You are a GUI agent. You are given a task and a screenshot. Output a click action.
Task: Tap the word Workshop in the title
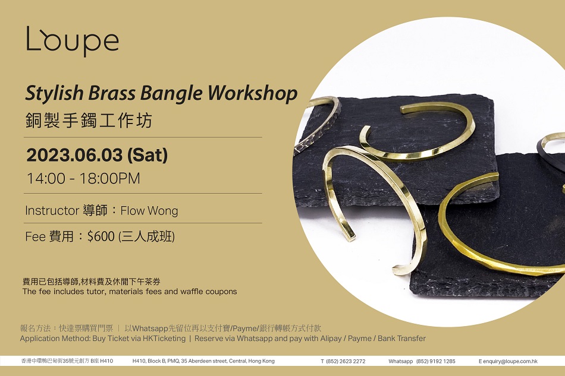pyautogui.click(x=253, y=93)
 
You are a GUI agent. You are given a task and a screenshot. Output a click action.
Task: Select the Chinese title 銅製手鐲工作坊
pyautogui.click(x=89, y=120)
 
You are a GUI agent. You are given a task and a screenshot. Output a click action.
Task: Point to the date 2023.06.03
pyautogui.click(x=74, y=155)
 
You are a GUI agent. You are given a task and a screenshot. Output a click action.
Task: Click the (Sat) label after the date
pyautogui.click(x=147, y=156)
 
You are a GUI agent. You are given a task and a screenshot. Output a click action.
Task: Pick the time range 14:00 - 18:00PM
pyautogui.click(x=83, y=178)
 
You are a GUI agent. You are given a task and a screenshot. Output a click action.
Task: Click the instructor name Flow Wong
pyautogui.click(x=149, y=210)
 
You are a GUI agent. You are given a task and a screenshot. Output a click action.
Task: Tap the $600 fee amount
pyautogui.click(x=101, y=236)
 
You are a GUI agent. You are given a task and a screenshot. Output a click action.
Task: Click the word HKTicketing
pyautogui.click(x=164, y=339)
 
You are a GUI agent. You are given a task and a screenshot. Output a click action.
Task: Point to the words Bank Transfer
pyautogui.click(x=401, y=339)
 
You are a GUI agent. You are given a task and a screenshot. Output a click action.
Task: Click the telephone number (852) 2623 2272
pyautogui.click(x=346, y=361)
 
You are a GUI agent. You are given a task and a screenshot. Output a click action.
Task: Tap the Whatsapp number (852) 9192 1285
pyautogui.click(x=435, y=361)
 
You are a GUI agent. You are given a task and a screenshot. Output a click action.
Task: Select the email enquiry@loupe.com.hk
pyautogui.click(x=510, y=361)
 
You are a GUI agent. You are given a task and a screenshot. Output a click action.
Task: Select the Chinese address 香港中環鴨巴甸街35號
pyautogui.click(x=48, y=361)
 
